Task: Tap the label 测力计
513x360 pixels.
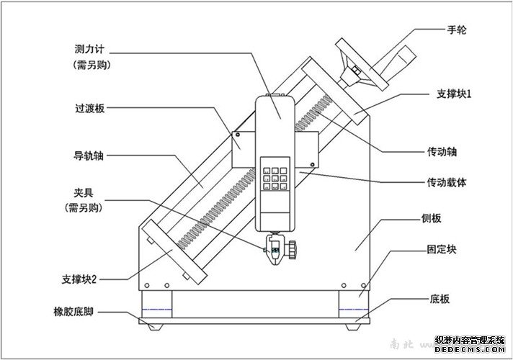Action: tap(89, 50)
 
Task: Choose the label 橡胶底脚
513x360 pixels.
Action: tap(74, 312)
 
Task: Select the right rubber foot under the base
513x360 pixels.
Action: tap(353, 326)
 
